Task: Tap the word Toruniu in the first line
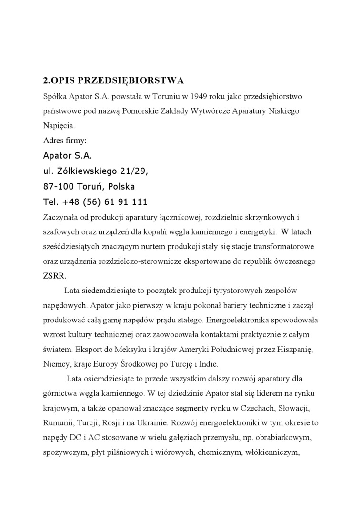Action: coord(165,96)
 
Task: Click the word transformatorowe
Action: coord(292,246)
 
